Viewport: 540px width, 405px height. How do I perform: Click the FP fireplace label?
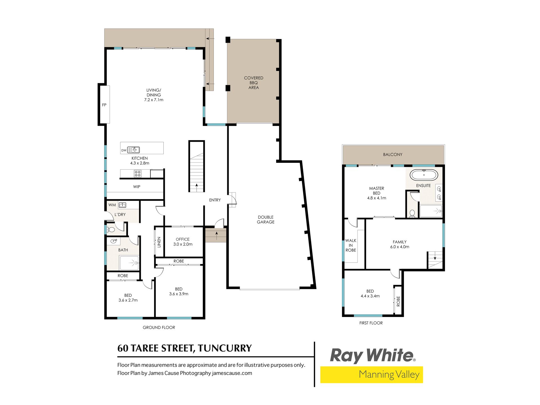(104, 105)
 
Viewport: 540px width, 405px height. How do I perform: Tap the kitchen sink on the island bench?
(133, 150)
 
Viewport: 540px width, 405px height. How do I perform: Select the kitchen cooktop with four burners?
(138, 174)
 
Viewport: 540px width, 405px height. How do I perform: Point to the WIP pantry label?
(137, 187)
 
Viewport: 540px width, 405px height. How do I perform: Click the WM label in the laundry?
(112, 205)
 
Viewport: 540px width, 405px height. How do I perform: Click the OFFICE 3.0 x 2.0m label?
(183, 242)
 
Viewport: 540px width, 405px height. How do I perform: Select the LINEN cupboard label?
(159, 242)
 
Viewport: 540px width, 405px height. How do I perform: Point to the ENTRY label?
(215, 200)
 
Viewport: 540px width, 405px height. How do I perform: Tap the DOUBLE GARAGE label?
(266, 220)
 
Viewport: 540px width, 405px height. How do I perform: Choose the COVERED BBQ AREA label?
(254, 83)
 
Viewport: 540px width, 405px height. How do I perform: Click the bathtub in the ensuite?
(424, 175)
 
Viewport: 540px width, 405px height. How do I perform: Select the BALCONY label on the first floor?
(393, 154)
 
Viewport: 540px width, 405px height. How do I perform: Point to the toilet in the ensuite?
(412, 213)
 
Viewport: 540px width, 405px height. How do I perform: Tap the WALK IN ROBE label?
(351, 245)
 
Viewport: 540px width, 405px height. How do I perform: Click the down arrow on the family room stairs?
(435, 256)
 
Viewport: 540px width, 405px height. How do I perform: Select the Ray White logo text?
(372, 355)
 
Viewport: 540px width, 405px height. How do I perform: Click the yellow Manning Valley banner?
(372, 375)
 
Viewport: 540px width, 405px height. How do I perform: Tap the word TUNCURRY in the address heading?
(225, 348)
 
